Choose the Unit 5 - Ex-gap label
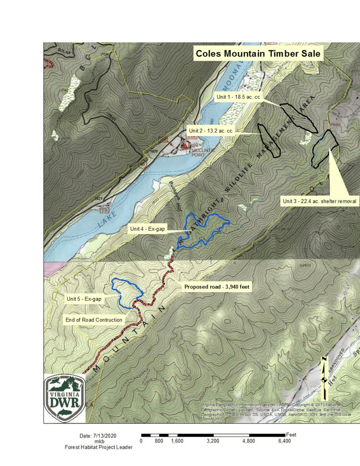(84, 299)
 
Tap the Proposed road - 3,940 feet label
(217, 287)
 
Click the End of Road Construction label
(94, 320)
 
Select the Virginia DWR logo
(64, 398)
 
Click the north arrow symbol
(324, 379)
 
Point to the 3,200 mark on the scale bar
(213, 441)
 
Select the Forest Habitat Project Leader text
(99, 447)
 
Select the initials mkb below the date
(99, 441)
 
